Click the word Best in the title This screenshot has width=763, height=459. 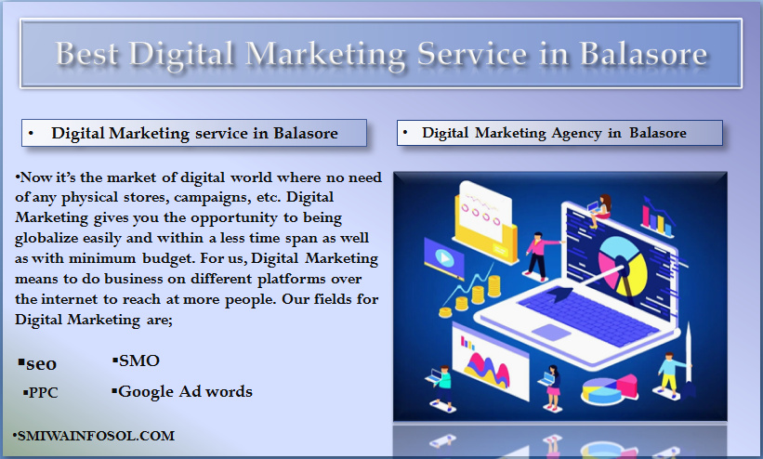(x=86, y=53)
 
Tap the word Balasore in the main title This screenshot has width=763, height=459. (x=643, y=53)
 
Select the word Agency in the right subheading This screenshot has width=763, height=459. (x=576, y=134)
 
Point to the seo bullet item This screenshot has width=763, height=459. (x=37, y=363)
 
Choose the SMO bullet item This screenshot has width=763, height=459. (x=136, y=361)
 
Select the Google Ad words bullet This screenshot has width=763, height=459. (x=182, y=391)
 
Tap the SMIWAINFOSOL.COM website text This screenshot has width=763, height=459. (x=94, y=436)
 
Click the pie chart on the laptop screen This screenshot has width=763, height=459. (x=623, y=266)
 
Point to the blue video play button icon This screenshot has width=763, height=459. (x=444, y=257)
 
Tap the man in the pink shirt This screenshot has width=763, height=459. (x=539, y=256)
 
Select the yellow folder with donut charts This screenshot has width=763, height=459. (x=487, y=221)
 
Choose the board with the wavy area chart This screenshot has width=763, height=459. (x=490, y=361)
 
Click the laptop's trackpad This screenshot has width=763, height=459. (x=551, y=332)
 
